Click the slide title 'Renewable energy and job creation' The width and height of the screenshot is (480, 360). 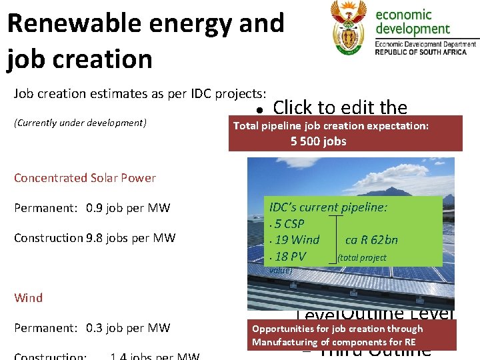145,41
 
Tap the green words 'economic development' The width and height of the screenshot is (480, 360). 413,21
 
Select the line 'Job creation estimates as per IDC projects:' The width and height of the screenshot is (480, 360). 140,93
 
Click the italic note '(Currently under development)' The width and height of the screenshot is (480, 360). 80,123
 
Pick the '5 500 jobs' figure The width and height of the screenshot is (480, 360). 318,141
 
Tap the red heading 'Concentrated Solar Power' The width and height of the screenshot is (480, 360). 85,178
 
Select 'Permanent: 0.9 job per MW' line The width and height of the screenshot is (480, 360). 92,208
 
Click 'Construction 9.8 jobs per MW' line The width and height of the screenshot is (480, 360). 95,238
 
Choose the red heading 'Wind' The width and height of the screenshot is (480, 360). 28,298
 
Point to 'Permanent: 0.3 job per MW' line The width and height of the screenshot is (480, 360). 92,328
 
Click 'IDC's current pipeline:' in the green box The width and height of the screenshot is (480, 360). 327,207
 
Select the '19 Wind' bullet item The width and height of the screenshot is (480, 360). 297,240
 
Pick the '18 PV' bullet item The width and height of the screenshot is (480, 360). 290,256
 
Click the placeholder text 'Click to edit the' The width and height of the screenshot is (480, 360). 340,107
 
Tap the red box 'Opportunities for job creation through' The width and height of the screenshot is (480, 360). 337,329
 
